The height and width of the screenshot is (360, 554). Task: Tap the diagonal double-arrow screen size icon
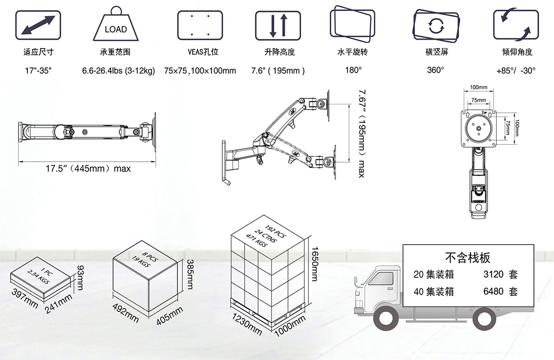click(38, 25)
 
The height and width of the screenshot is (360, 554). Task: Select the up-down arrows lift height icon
click(278, 25)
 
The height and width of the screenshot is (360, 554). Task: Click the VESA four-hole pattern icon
click(200, 25)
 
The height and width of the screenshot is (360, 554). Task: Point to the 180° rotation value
click(354, 70)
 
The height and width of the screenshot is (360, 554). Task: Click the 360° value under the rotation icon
click(435, 70)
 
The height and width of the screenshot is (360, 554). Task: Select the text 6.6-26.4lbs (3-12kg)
click(119, 71)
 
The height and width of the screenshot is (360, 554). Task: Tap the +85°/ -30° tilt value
click(516, 71)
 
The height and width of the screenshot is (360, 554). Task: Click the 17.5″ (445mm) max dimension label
click(88, 168)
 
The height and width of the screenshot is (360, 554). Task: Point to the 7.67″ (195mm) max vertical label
click(362, 133)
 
